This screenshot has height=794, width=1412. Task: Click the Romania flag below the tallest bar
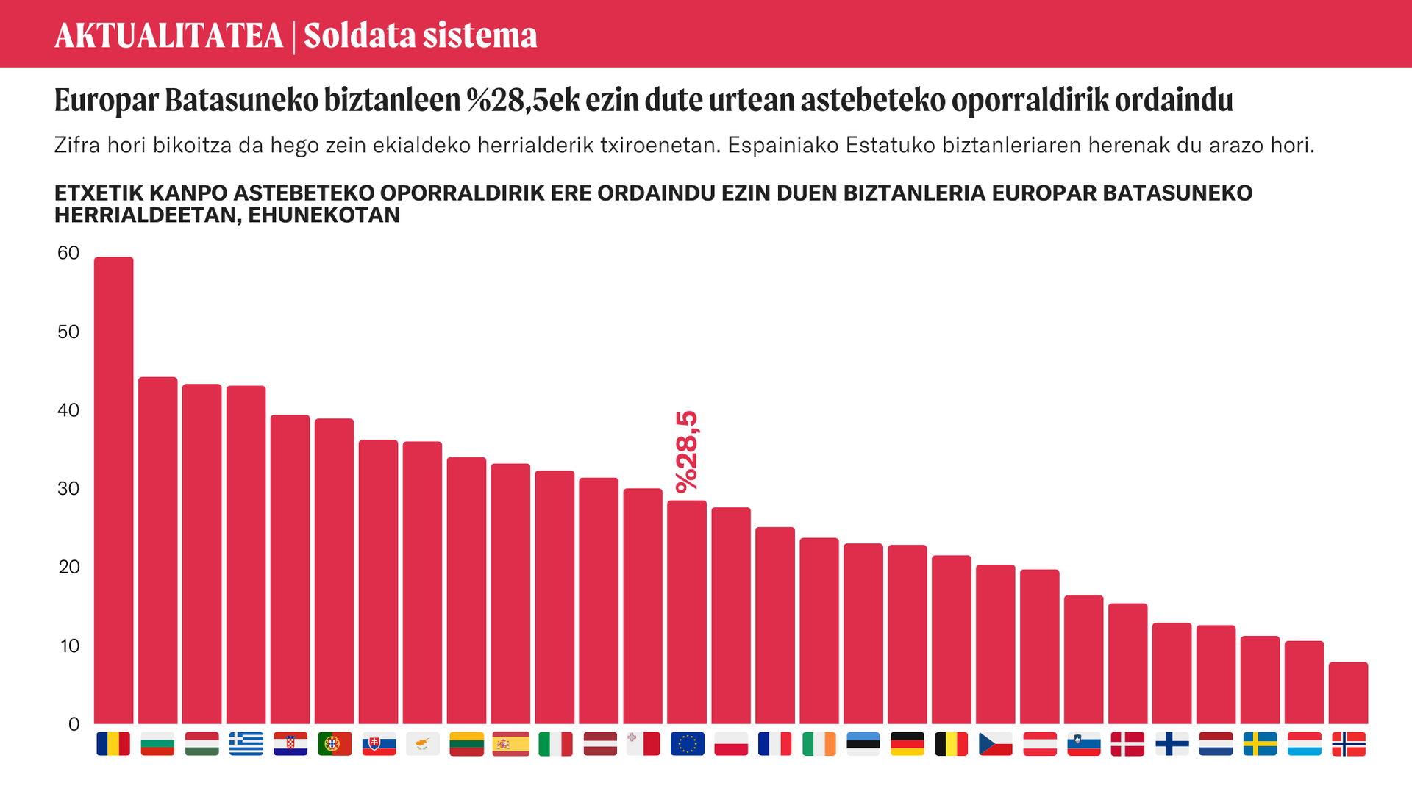click(x=113, y=744)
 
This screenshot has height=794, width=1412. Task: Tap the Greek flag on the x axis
click(x=246, y=744)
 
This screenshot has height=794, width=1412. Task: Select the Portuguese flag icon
click(x=334, y=744)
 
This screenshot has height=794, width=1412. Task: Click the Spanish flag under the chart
click(x=510, y=744)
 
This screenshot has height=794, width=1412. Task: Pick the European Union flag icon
click(x=687, y=744)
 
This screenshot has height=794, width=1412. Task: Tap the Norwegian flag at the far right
click(x=1349, y=744)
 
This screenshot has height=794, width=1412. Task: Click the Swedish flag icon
click(x=1261, y=744)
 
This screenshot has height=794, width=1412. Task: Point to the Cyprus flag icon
click(x=422, y=744)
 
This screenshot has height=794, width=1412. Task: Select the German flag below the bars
click(x=908, y=744)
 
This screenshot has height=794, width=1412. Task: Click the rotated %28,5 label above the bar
click(x=687, y=451)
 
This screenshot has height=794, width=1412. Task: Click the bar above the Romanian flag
click(x=114, y=490)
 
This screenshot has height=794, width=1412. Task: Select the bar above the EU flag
click(x=687, y=612)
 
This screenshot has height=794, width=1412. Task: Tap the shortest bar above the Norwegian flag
click(x=1349, y=693)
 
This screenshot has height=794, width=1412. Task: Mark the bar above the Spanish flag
click(x=510, y=594)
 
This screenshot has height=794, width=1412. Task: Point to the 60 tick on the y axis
click(x=68, y=253)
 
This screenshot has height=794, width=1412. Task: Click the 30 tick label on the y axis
click(x=68, y=489)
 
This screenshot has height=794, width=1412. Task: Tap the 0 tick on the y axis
click(x=74, y=725)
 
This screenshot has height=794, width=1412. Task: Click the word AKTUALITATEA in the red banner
click(x=169, y=35)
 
